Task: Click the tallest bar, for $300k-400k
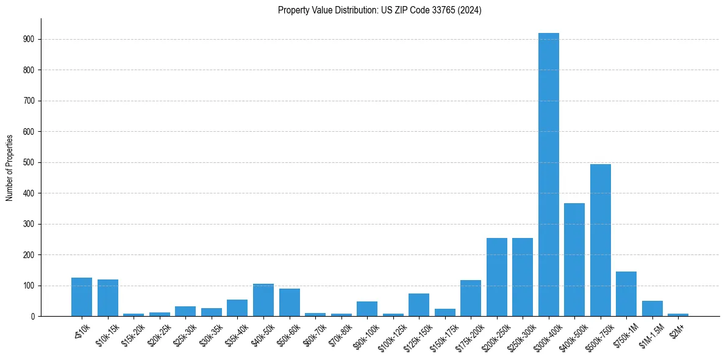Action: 549,175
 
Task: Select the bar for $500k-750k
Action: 601,240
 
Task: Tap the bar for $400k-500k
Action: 574,259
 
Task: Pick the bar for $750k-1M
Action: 626,293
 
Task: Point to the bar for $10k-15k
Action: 108,298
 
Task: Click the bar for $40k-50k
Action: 263,300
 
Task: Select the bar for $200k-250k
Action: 497,277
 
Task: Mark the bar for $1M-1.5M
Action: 652,308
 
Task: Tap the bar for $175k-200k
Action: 471,298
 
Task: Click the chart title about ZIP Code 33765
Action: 379,10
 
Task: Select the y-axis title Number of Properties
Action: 10,167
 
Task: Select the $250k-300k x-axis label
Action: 519,336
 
